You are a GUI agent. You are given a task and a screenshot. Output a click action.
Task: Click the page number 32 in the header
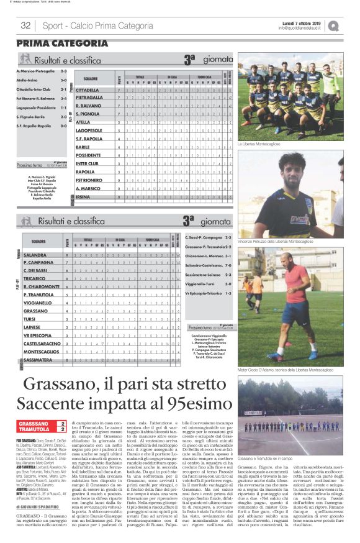click(25, 25)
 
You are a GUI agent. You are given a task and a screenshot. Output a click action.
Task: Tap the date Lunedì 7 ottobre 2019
click(302, 22)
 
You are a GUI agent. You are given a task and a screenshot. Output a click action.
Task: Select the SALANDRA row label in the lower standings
click(35, 255)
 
